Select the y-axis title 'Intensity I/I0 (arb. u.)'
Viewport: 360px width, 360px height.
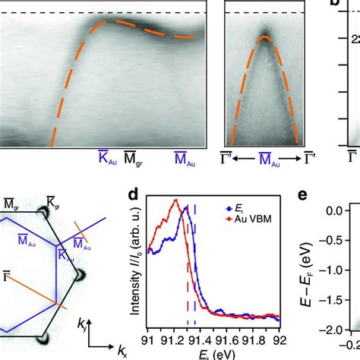click(x=134, y=263)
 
